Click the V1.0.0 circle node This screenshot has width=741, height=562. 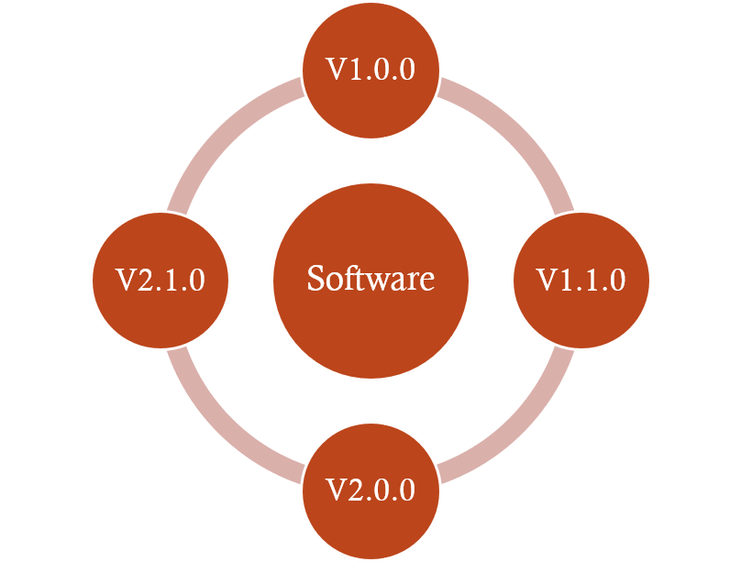click(x=370, y=70)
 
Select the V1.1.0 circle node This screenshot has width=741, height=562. click(x=581, y=280)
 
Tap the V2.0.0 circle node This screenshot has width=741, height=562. click(x=370, y=490)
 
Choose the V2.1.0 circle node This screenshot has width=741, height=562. click(x=160, y=280)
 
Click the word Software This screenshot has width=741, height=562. click(x=370, y=279)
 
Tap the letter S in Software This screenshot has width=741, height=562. click(x=315, y=279)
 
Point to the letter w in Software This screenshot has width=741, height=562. click(x=374, y=281)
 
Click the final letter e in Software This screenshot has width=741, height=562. click(x=426, y=281)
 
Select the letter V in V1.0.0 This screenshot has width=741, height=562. click(x=336, y=71)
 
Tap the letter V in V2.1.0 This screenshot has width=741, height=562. click(x=126, y=281)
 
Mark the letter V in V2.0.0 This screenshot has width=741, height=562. click(x=336, y=490)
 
